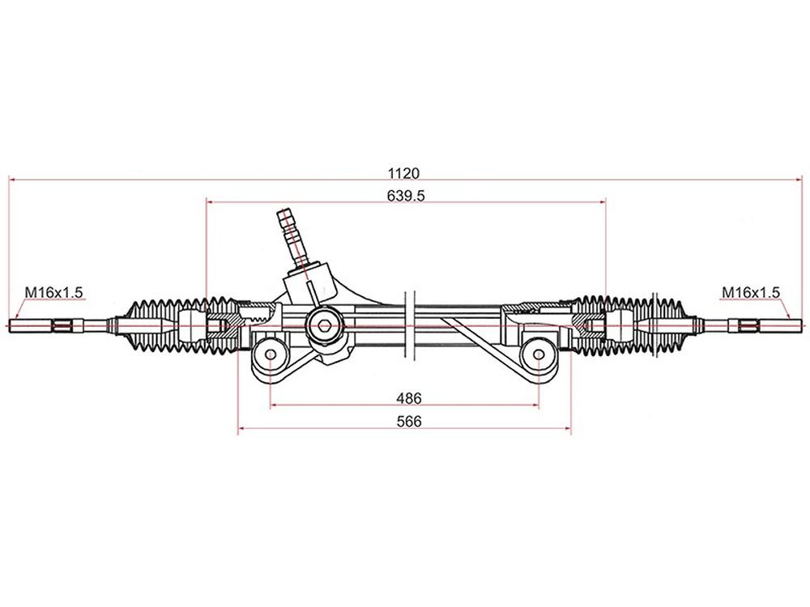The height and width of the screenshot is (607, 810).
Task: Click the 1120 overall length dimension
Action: click(x=403, y=173)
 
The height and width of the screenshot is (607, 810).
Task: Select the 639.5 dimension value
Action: click(x=406, y=196)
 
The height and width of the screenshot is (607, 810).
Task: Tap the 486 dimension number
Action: click(x=408, y=398)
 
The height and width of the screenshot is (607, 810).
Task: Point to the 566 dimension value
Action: click(x=408, y=422)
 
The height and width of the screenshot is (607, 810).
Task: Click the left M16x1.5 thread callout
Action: click(x=53, y=293)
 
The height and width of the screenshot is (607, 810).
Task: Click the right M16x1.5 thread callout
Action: click(x=751, y=293)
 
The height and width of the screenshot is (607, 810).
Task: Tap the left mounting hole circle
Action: click(x=271, y=354)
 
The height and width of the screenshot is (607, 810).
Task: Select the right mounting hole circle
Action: click(x=539, y=354)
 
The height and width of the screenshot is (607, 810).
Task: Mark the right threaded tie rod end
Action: click(x=765, y=325)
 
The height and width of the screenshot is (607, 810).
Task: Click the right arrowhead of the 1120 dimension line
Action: click(x=799, y=180)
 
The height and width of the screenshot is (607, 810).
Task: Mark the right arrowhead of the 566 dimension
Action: click(x=567, y=428)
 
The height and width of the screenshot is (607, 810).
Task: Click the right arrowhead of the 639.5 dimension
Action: click(x=601, y=202)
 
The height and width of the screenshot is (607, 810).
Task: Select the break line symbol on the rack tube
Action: click(x=410, y=327)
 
